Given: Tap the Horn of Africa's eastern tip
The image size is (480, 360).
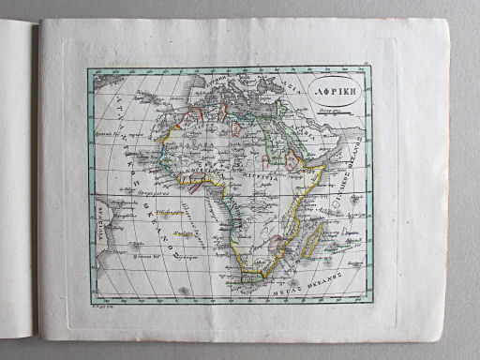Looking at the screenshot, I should coord(325,168).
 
